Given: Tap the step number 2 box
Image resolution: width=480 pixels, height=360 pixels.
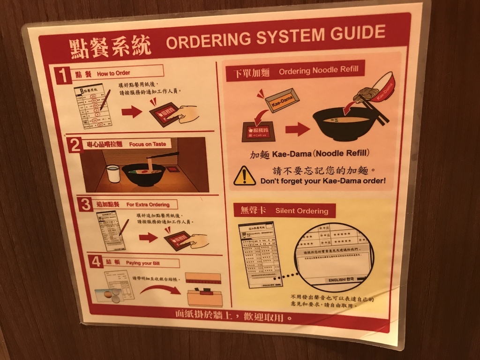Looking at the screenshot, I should click(x=75, y=145).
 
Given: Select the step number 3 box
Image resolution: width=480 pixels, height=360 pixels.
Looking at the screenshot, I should click(x=85, y=204).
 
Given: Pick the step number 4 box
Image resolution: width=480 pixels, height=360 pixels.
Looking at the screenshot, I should click(x=96, y=261).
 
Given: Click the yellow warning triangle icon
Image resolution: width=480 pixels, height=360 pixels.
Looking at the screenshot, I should click(x=244, y=176).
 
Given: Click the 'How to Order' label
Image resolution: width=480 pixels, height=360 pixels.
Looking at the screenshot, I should click(x=113, y=73).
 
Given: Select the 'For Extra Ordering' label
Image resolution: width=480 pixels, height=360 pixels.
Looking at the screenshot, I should click(x=148, y=205).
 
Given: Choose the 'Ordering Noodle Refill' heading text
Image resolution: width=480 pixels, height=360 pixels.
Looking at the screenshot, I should click(x=318, y=71).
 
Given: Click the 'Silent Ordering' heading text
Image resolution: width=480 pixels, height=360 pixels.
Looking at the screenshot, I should click(x=301, y=211).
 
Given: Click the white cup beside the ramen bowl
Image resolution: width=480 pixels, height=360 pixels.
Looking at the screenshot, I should click(x=113, y=173).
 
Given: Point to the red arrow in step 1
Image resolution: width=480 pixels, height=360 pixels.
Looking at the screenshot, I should click(x=131, y=112).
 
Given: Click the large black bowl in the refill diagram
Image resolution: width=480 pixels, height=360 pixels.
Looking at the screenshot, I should click(x=344, y=124).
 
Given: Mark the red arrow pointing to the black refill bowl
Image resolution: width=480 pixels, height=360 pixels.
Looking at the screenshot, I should click(x=297, y=129).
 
